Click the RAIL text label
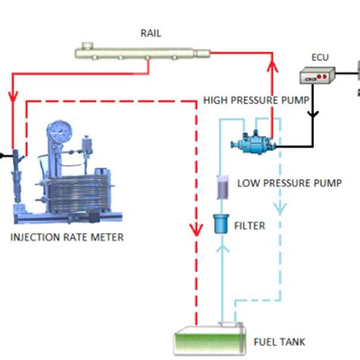tap(150, 33)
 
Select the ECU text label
tap(320, 57)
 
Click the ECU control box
tap(318, 76)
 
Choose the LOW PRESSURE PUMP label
tap(289, 183)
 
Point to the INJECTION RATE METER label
tap(67, 237)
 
